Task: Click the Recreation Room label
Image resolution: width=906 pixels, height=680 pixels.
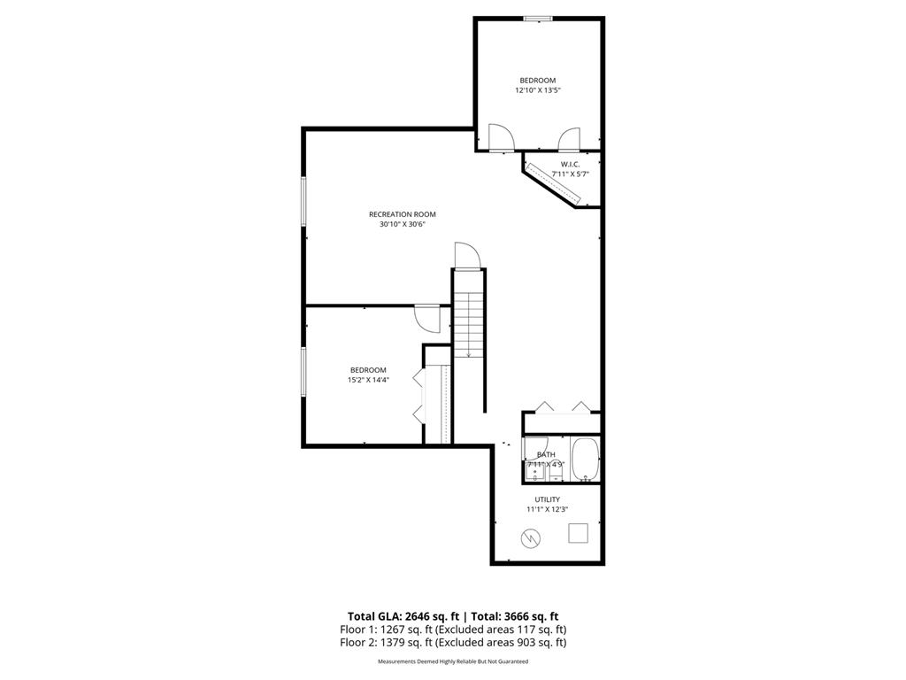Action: coord(402,214)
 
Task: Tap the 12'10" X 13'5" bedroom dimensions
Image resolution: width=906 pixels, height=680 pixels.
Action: coord(537,90)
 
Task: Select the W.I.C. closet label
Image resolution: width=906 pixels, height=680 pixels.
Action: coord(570,164)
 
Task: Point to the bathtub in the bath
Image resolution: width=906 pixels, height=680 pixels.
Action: coord(586,459)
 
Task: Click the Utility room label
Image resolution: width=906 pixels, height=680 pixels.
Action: coord(547,499)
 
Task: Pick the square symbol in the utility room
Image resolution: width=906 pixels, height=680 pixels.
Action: coord(578,532)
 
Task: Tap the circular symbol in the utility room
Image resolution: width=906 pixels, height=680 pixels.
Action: coord(530,537)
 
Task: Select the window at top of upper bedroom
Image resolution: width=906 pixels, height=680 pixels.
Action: coord(538,18)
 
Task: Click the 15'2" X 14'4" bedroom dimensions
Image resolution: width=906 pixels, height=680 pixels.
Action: coord(368,380)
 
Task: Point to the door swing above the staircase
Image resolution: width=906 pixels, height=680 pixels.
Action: coord(466,255)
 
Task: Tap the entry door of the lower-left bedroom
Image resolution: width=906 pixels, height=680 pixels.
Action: coord(426,316)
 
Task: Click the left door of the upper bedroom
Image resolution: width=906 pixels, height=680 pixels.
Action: coord(501,138)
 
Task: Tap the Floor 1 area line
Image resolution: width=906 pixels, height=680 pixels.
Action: coord(452,630)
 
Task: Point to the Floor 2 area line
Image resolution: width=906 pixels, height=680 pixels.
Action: coord(452,643)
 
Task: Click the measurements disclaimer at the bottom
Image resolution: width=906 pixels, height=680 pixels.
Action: coord(452,661)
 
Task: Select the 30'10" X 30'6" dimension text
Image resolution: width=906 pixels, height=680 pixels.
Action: coord(402,225)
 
